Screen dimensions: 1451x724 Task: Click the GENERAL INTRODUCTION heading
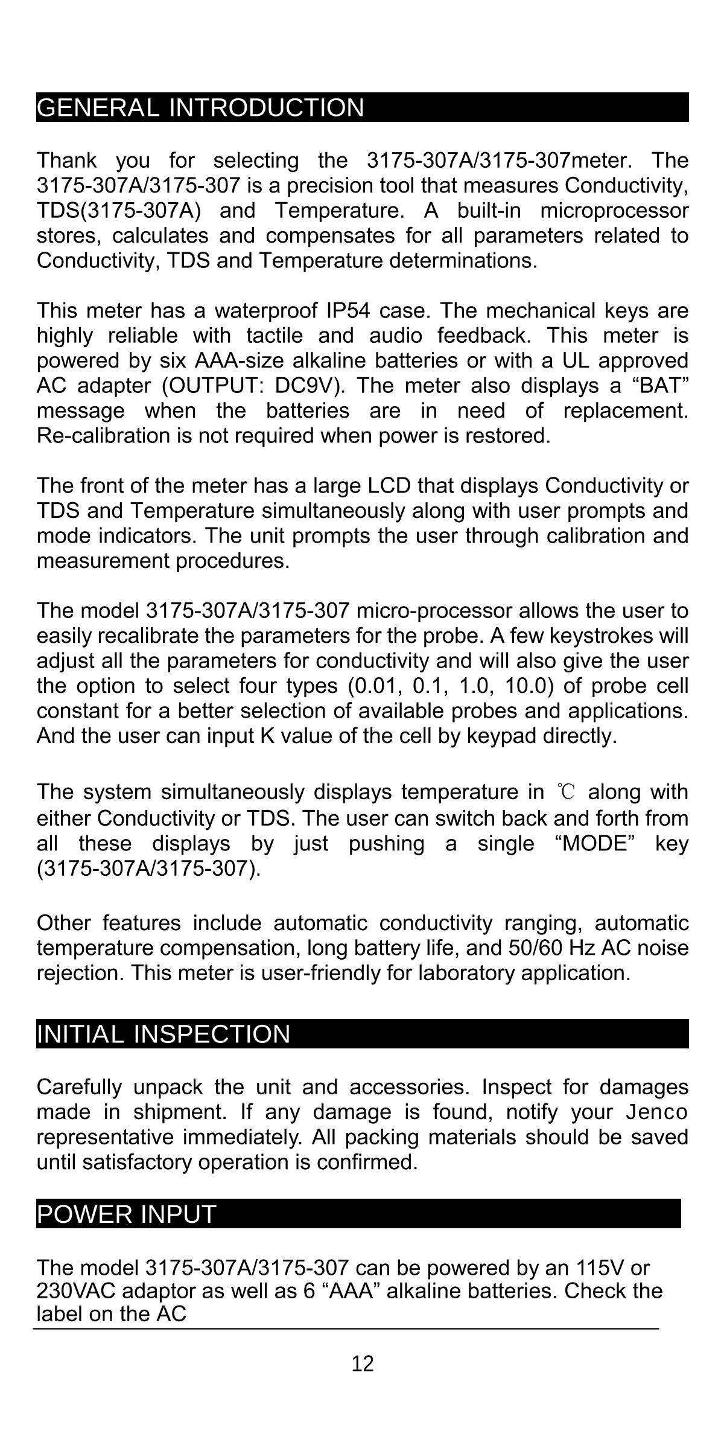coord(200,107)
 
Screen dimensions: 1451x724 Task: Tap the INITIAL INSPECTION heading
coord(164,1034)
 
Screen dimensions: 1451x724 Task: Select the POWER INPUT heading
coord(127,1214)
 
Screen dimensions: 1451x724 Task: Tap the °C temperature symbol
coord(567,791)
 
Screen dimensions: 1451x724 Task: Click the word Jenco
coord(656,1112)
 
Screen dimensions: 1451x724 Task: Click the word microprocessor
coord(614,211)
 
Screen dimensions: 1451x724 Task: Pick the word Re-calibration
coord(103,436)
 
